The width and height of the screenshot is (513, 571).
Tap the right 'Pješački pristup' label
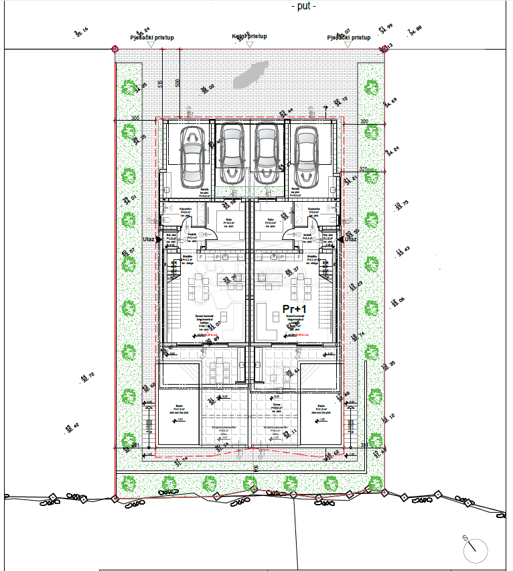348,38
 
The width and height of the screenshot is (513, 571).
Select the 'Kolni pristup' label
249,36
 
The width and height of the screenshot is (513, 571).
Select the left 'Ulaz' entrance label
149,239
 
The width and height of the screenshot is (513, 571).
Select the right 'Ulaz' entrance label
350,239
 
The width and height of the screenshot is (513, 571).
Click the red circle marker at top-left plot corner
115,49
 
